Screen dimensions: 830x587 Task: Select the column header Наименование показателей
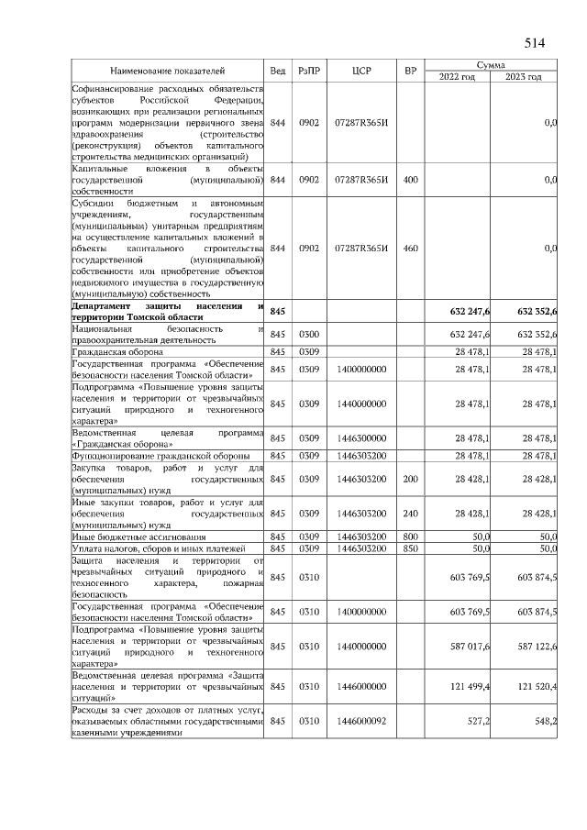pyautogui.click(x=168, y=71)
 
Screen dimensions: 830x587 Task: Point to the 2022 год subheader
pyautogui.click(x=458, y=76)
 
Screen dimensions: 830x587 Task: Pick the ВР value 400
pyautogui.click(x=410, y=180)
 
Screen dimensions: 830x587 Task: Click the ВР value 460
pyautogui.click(x=410, y=248)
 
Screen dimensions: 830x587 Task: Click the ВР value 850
pyautogui.click(x=410, y=548)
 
